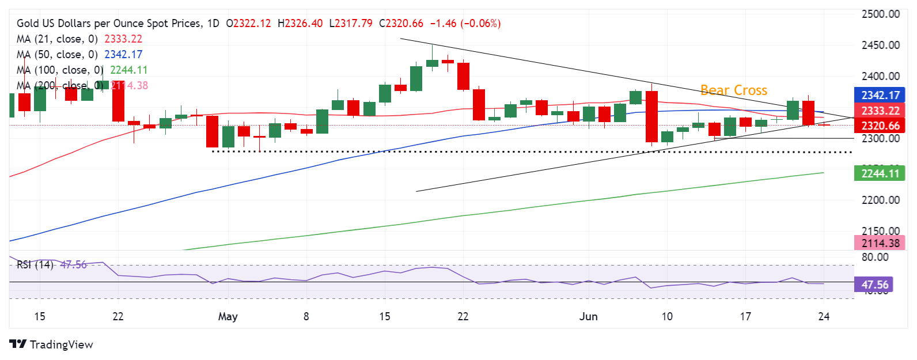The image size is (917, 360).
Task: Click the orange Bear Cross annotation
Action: [733, 90]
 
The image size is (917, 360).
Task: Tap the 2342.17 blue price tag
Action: [880, 96]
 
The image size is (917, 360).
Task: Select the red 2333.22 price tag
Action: [880, 111]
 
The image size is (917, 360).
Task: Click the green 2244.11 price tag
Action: [880, 173]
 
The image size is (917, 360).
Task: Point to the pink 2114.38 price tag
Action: [880, 243]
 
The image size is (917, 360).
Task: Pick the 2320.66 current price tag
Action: [880, 126]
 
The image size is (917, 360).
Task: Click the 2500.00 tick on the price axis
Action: [880, 14]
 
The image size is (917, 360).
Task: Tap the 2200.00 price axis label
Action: [880, 200]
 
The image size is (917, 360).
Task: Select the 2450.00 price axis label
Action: [880, 45]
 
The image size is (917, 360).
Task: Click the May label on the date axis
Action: [228, 316]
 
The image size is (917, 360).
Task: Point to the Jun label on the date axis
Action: [588, 316]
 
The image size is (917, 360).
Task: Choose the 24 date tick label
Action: [824, 316]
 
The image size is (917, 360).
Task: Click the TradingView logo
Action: [51, 344]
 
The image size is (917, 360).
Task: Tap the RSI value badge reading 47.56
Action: [874, 285]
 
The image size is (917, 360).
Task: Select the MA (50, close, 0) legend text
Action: [57, 55]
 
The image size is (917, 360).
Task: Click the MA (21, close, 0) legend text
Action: [57, 39]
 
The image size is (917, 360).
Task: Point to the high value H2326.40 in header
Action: [300, 24]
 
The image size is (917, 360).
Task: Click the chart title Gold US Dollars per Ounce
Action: [109, 24]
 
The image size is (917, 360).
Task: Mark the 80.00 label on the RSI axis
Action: [874, 257]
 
